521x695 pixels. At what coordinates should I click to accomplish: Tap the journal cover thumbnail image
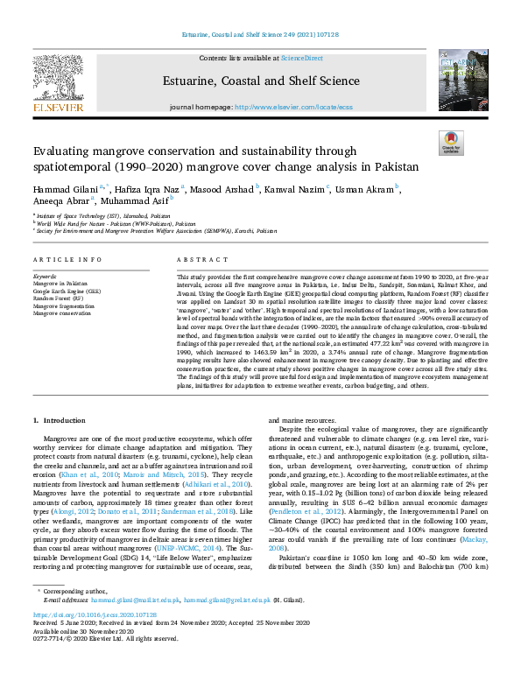(x=456, y=80)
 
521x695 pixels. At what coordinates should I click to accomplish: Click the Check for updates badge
(x=452, y=143)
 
